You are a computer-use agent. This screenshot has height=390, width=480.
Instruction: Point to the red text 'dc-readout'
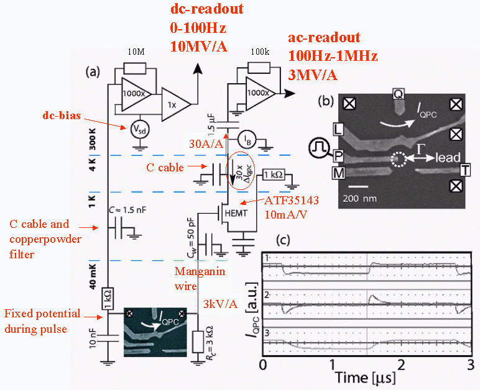[206, 10]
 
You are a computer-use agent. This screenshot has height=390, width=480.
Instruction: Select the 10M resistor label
[136, 52]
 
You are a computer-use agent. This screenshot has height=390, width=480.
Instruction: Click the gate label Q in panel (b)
[398, 94]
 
